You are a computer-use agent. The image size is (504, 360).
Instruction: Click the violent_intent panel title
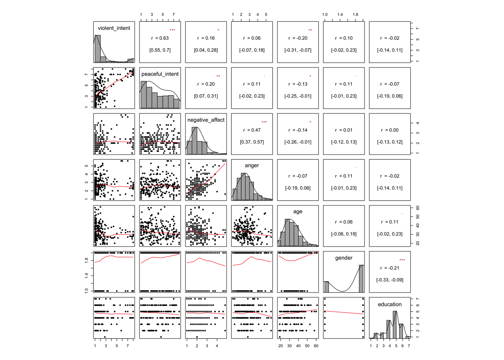tap(114, 28)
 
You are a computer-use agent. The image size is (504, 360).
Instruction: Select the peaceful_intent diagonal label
tap(160, 74)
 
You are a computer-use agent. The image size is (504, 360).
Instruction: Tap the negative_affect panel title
tap(206, 120)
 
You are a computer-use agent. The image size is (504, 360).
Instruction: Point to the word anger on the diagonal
tap(252, 165)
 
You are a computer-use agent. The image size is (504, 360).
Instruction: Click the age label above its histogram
tap(298, 211)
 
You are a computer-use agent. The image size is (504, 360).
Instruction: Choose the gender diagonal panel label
tap(344, 258)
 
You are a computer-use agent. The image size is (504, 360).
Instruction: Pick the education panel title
tap(390, 304)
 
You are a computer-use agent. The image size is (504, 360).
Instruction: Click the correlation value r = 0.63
tap(160, 38)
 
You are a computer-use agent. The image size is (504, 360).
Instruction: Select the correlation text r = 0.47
tap(252, 130)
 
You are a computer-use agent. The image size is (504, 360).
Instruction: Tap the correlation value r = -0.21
tap(390, 268)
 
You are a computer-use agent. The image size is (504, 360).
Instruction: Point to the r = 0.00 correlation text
tap(390, 130)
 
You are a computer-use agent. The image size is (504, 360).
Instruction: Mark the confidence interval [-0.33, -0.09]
tap(390, 280)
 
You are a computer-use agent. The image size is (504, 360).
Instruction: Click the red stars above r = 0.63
tap(172, 30)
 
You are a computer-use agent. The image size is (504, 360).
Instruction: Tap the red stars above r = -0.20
tap(310, 30)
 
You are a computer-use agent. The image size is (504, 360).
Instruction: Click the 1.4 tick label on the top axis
tap(340, 15)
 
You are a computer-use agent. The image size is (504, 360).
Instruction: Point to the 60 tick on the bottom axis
tap(316, 346)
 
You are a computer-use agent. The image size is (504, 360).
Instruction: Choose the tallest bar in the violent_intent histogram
tap(97, 49)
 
